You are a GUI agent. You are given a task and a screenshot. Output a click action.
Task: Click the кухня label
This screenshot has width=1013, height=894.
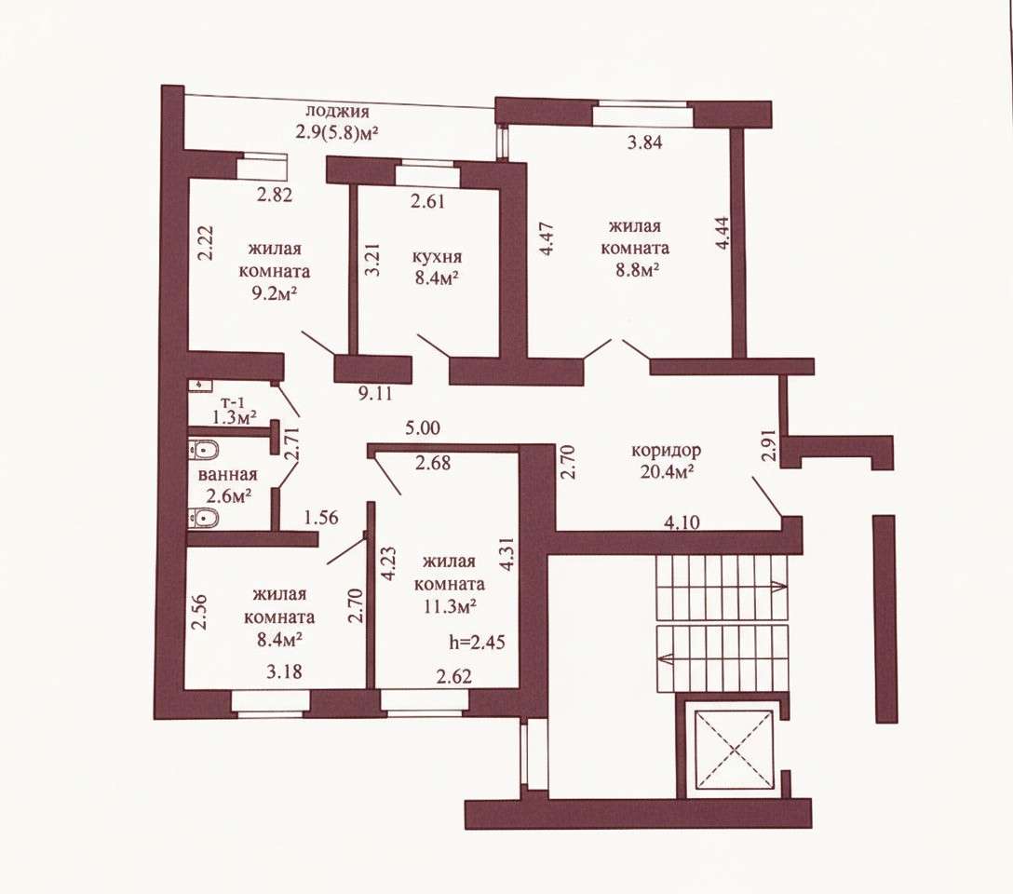point(438,256)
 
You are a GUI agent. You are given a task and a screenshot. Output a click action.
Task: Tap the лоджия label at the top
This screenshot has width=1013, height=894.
point(337,111)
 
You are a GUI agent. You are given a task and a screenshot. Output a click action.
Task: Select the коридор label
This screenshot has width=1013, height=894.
point(666,450)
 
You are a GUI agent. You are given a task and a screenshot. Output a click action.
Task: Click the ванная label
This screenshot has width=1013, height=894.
point(228,474)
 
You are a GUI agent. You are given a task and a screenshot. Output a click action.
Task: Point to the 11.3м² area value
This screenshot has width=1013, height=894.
point(450,606)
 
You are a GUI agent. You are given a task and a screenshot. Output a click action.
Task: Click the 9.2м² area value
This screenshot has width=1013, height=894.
point(275,294)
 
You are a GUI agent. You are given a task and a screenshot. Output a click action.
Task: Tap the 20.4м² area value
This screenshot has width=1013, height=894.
point(668,472)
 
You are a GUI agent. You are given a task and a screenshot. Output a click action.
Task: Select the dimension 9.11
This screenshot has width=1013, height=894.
point(375,392)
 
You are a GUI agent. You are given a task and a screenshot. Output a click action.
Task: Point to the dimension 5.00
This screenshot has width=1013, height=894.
point(423,427)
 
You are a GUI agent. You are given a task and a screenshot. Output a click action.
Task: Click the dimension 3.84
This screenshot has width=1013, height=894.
point(644,142)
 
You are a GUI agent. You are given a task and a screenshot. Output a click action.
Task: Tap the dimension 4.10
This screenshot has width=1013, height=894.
point(682,521)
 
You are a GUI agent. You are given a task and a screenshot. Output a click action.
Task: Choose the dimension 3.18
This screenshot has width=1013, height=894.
point(284,671)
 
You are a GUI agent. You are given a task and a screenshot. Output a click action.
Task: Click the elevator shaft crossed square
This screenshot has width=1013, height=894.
point(734,749)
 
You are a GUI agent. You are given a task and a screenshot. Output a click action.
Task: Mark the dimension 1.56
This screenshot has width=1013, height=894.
point(321,517)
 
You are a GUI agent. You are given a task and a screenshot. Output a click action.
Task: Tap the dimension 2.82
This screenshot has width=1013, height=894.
point(275,195)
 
